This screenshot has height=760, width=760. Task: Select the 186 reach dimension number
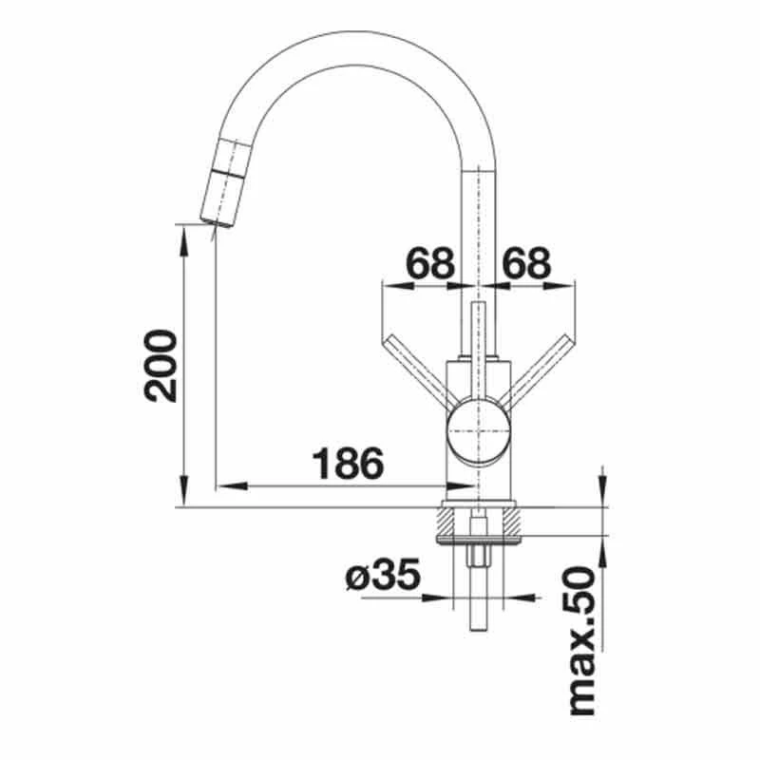click(x=348, y=464)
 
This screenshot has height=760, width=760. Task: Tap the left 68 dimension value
click(x=430, y=262)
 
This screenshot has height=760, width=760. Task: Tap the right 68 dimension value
click(x=526, y=262)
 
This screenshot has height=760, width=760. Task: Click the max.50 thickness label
click(x=580, y=641)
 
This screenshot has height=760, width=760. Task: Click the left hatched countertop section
click(x=450, y=521)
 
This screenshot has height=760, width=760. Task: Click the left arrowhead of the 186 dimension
click(x=224, y=486)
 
